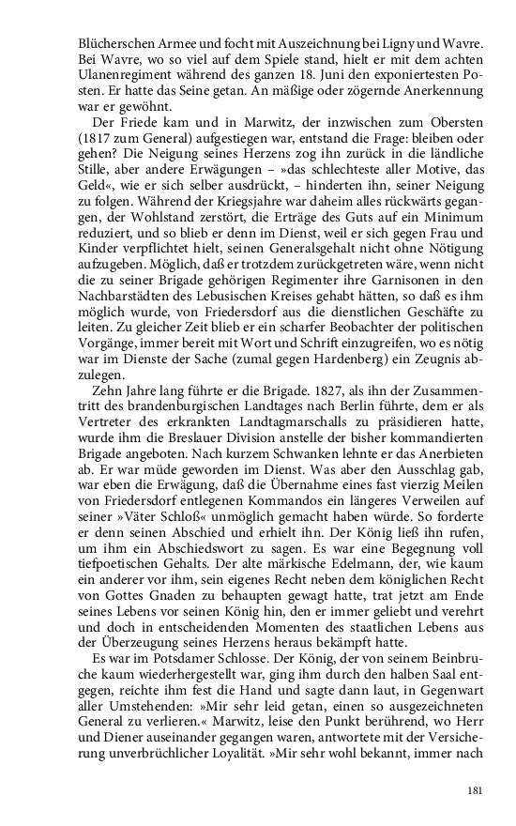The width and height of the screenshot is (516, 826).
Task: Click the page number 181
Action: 474,791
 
